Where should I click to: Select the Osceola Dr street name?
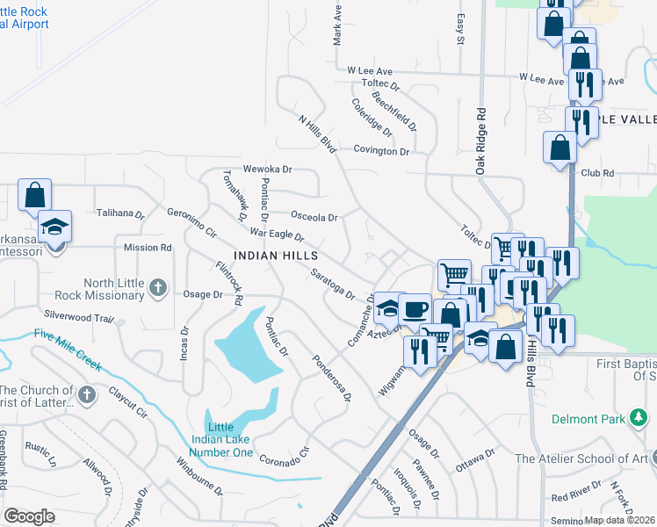tap(314, 217)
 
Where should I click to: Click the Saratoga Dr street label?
tap(332, 284)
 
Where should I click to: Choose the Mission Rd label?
tap(148, 248)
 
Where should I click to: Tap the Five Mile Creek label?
tap(68, 349)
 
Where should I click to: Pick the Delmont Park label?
tap(588, 419)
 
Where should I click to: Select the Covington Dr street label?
tap(382, 151)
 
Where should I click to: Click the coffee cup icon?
tap(415, 309)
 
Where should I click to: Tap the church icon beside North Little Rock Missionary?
tap(158, 287)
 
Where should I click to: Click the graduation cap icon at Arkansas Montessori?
tap(54, 228)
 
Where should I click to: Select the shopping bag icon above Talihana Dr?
tap(34, 195)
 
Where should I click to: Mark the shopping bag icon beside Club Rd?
tap(560, 148)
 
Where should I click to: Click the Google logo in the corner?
tap(29, 516)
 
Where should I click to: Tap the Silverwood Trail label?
tap(74, 314)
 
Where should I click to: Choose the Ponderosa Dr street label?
tap(332, 379)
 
